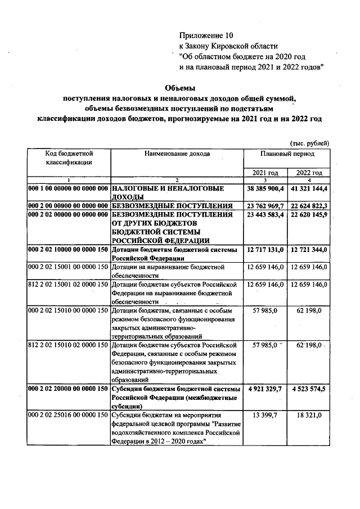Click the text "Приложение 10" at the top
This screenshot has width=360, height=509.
tap(205, 35)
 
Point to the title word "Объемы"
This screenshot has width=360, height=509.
tap(179, 88)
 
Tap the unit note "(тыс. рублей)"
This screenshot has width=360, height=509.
tap(309, 143)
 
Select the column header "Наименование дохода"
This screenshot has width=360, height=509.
tap(177, 153)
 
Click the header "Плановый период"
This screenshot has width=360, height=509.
tap(287, 153)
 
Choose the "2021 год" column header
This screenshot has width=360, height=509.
tap(265, 173)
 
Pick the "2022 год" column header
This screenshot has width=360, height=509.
tap(309, 173)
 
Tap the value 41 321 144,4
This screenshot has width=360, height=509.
tap(309, 188)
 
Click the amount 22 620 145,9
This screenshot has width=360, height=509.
tap(309, 215)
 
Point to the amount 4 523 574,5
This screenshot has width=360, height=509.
tap(309, 389)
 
